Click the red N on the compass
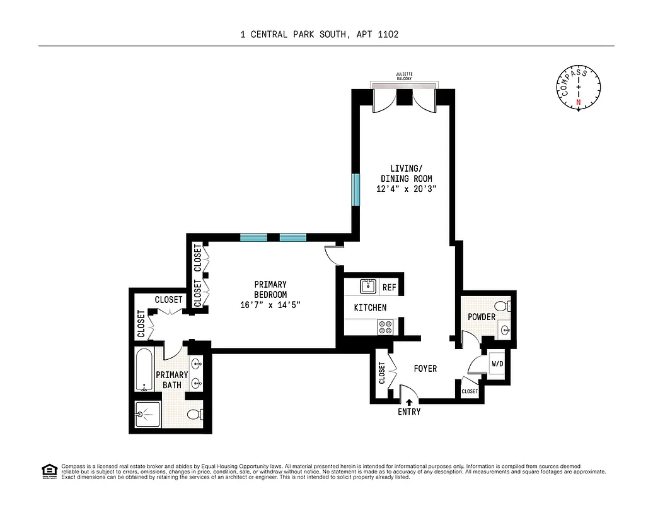578,102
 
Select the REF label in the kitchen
390,287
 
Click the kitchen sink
368,287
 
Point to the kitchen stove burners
384,326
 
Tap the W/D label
497,364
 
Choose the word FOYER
425,368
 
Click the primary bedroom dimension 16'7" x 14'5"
270,304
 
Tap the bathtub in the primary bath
144,370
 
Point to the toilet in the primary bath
196,415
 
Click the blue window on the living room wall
356,189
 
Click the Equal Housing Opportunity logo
48,470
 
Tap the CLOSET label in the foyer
382,372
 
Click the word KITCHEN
370,307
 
